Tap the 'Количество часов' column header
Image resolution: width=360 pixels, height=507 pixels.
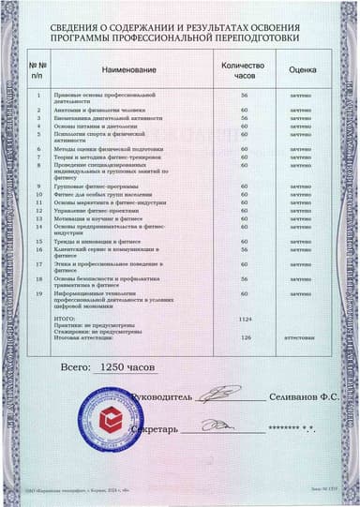243,70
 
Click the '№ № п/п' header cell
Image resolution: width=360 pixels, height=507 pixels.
37,70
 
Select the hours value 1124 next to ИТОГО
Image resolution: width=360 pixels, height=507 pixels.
247,321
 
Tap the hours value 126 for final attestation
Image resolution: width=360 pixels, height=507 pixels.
247,337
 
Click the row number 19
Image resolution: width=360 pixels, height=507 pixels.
38,293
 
